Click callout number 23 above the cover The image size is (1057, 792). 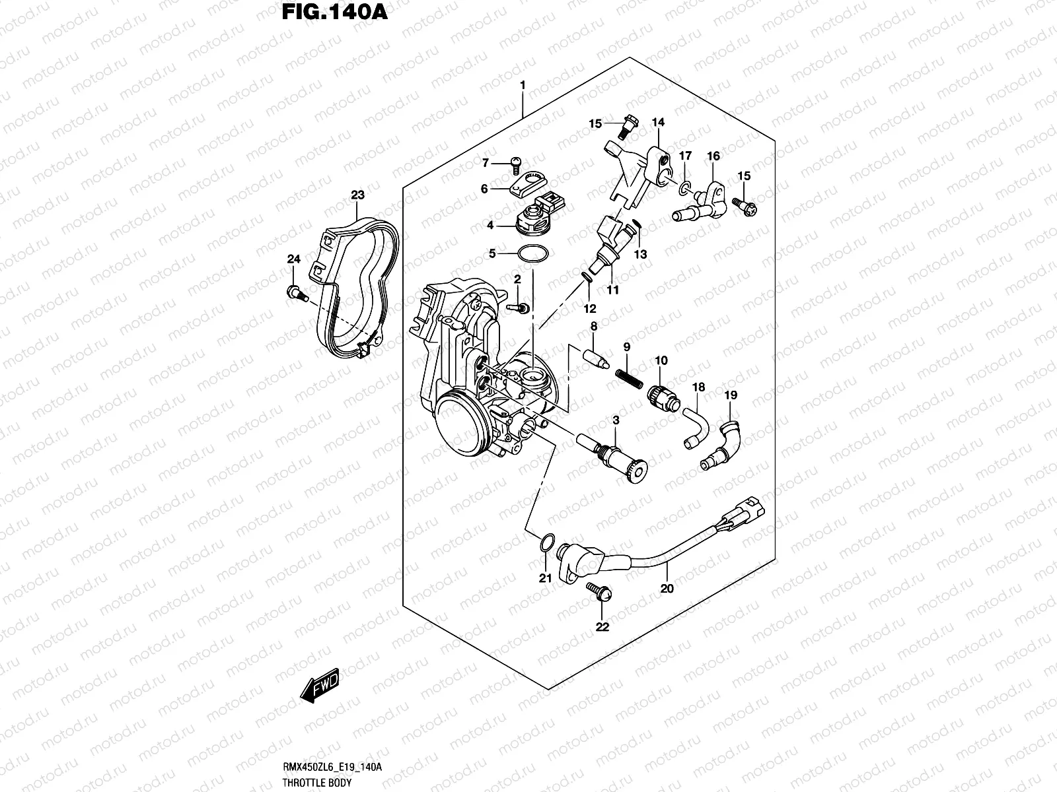point(357,195)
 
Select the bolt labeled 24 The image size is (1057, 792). point(294,292)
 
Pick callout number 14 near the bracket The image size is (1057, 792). point(658,123)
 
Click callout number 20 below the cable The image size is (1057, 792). point(667,588)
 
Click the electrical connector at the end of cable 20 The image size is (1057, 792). point(745,508)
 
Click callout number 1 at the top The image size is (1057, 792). point(523,85)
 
